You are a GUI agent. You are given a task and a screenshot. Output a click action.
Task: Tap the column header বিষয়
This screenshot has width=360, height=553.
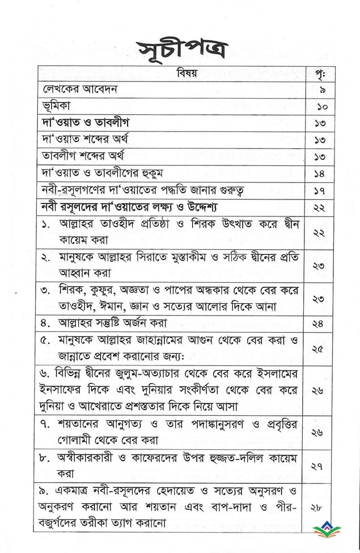[171, 74]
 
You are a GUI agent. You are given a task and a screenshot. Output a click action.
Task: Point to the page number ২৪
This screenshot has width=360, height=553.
[318, 324]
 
